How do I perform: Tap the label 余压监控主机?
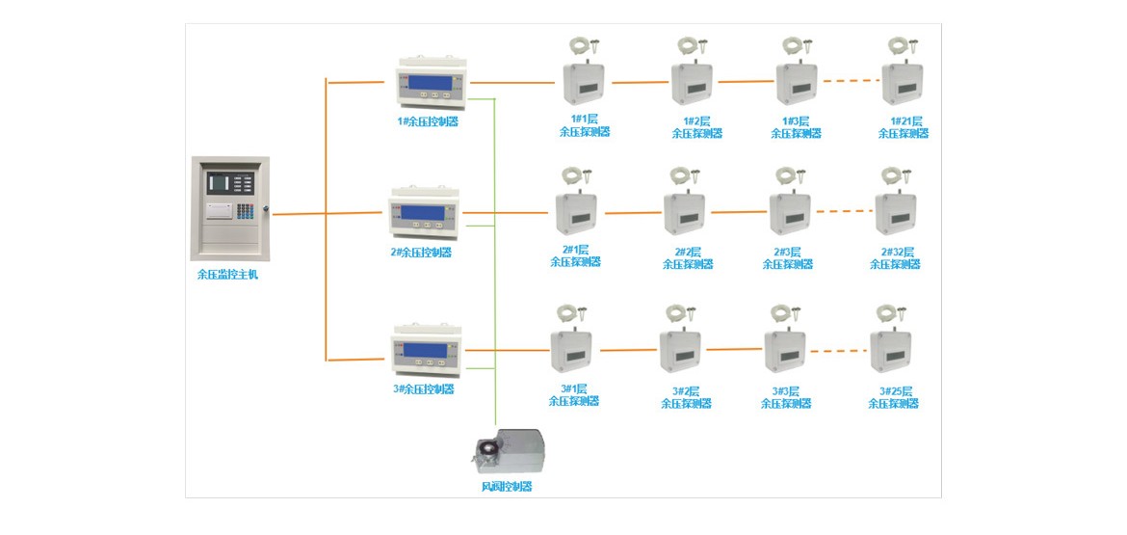[228, 274]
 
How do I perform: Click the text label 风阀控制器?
[507, 487]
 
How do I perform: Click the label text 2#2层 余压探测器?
[689, 257]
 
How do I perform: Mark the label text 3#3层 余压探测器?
[786, 397]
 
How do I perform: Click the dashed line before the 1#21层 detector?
[852, 81]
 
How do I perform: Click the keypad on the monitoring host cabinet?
[245, 210]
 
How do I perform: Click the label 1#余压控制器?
[428, 121]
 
